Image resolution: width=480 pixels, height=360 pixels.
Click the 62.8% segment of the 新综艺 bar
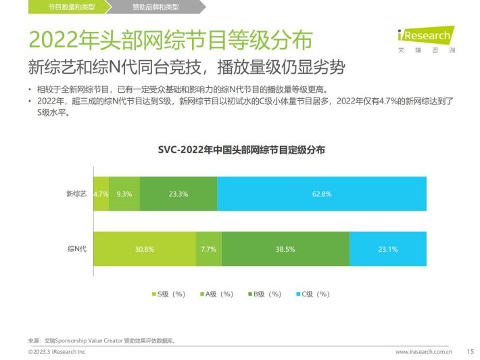[322, 194]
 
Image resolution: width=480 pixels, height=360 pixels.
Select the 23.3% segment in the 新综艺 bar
[178, 194]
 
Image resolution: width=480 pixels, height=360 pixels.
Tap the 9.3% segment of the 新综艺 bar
[124, 194]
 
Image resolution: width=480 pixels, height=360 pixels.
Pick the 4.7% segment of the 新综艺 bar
[101, 194]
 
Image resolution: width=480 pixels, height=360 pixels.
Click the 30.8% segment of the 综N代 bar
[145, 249]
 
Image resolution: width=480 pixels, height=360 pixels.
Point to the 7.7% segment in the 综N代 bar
[209, 249]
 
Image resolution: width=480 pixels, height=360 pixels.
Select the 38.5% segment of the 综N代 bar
[285, 249]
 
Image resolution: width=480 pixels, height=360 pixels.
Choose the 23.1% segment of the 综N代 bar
[388, 249]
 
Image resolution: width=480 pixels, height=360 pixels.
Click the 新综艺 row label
[76, 194]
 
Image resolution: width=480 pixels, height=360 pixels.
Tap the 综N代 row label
[77, 248]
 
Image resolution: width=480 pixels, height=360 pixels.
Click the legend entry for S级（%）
[168, 294]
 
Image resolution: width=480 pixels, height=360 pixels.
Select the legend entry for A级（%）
[217, 294]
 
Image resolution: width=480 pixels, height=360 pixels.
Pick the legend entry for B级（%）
[265, 294]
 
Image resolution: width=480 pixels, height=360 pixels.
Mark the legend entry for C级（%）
[313, 294]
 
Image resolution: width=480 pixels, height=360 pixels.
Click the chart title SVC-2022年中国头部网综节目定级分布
[241, 150]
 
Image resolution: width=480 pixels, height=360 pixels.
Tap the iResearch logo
[427, 39]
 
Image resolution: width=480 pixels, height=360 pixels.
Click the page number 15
[471, 351]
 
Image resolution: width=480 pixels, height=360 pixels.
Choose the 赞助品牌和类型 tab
[155, 7]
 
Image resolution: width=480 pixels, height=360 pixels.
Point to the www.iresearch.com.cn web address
[424, 352]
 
